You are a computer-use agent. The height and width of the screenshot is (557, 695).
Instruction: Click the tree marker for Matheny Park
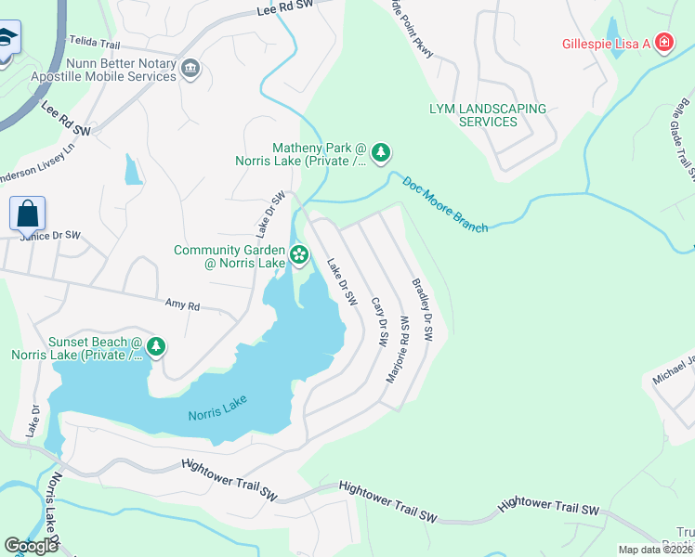point(380,153)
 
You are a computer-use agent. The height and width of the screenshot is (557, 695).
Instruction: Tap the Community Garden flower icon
point(299,253)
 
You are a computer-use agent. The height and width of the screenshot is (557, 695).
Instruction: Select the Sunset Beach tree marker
point(156,347)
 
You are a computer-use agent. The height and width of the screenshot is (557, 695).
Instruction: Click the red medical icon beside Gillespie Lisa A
point(662,44)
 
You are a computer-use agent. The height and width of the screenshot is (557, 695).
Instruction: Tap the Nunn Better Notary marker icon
point(190,68)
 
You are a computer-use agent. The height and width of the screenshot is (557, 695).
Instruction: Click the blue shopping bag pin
point(28,213)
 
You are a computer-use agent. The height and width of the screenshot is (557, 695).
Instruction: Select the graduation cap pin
point(7,40)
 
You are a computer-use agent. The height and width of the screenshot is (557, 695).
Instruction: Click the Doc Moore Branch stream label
point(445,203)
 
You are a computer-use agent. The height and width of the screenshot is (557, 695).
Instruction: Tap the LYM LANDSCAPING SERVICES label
point(488,115)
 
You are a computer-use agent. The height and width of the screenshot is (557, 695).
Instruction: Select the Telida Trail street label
point(94,43)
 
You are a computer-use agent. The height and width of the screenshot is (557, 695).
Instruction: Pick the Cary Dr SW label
point(378,321)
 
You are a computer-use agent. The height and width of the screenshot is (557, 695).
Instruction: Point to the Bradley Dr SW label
point(422,309)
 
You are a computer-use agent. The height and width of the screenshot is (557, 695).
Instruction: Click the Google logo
point(32,545)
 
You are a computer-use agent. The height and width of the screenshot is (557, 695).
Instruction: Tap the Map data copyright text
point(655,550)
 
